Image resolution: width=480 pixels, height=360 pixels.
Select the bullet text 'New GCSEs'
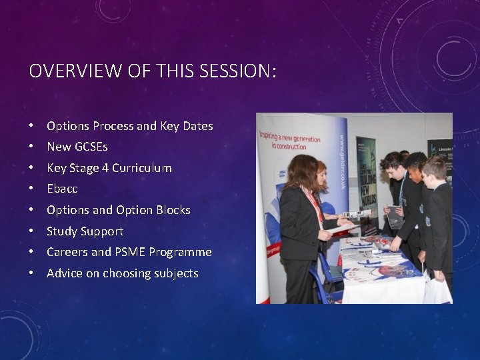click(x=77, y=147)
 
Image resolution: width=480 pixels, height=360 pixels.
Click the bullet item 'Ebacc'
click(x=62, y=189)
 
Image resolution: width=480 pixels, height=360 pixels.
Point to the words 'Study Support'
click(x=85, y=231)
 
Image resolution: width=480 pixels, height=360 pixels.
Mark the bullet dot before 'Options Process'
click(x=31, y=126)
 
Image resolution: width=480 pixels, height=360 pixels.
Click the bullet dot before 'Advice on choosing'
click(x=31, y=274)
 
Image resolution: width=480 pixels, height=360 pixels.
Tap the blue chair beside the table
click(x=325, y=272)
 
